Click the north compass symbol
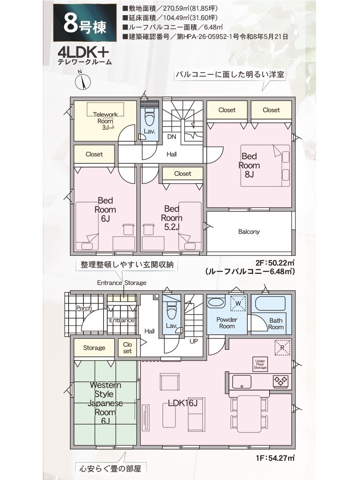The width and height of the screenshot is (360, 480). tap(83, 81)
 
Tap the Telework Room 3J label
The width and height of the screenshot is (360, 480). tap(105, 121)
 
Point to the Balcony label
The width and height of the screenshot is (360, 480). tap(249, 232)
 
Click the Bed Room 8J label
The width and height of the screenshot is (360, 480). tap(249, 165)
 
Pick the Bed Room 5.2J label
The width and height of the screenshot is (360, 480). tap(171, 218)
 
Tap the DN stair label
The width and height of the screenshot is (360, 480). tap(171, 137)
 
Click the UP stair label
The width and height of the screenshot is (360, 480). tap(194, 341)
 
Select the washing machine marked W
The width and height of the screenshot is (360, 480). tap(238, 303)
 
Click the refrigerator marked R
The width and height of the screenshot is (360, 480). tap(282, 348)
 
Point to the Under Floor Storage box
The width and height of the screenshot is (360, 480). tap(260, 364)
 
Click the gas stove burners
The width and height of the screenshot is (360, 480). tap(281, 381)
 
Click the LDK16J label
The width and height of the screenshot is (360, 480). tap(183, 403)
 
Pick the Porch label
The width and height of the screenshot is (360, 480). tap(84, 308)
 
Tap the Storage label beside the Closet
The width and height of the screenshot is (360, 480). tap(94, 348)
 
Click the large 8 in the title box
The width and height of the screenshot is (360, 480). tap(70, 23)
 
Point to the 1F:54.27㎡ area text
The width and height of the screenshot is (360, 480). tap(275, 458)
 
